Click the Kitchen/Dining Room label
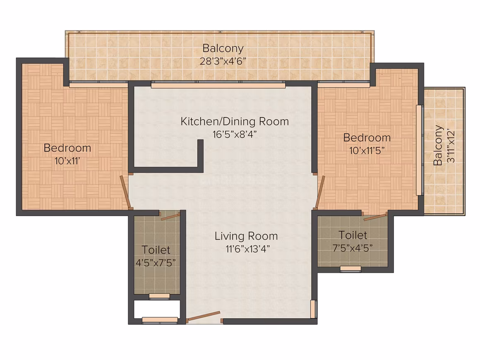[235, 122]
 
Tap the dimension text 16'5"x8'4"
[235, 134]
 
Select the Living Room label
[246, 236]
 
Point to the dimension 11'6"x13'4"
[247, 249]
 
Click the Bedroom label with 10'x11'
[67, 148]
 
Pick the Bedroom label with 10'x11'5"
[367, 137]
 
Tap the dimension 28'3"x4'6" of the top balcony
[223, 61]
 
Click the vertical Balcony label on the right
[438, 145]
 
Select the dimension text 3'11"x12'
[450, 146]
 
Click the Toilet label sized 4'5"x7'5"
[156, 250]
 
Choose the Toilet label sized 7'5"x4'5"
[353, 235]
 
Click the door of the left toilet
[170, 216]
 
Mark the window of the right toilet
[350, 269]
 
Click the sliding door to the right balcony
[420, 150]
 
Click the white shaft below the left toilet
[156, 309]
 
